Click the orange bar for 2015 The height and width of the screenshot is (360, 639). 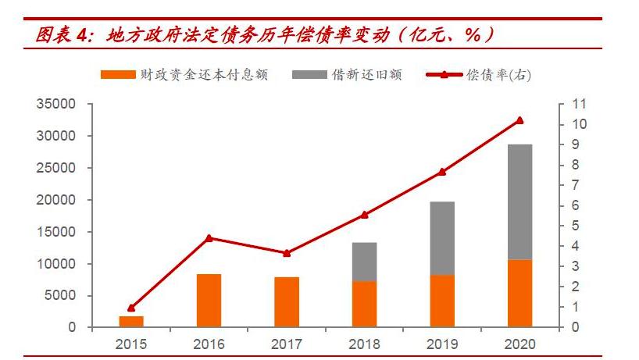point(131,322)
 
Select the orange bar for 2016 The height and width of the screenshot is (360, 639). point(209,301)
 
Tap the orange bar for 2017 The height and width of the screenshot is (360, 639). point(287,302)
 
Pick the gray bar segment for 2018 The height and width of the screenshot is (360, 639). point(364,262)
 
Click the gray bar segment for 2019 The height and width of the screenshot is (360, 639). point(442,238)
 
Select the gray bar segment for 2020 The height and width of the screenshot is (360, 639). point(519,201)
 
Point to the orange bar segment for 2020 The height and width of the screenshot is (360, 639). point(519,294)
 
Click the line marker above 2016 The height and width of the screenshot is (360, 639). point(209,238)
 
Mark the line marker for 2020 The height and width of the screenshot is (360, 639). point(519,120)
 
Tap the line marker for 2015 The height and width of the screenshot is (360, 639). point(131,308)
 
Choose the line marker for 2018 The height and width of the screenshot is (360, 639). point(364,215)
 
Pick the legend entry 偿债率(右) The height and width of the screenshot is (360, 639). point(478,75)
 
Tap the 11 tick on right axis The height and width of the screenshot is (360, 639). point(579,104)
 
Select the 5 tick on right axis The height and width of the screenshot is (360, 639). point(576,226)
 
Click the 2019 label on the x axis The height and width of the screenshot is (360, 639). point(442,344)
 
